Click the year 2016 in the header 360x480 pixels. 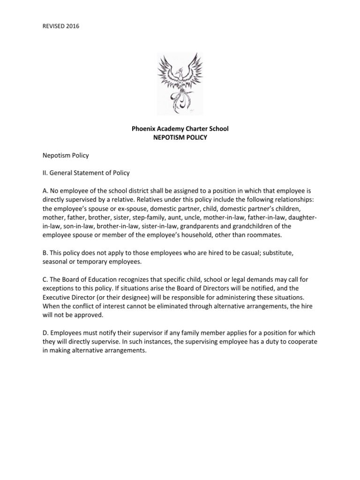point(73,26)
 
